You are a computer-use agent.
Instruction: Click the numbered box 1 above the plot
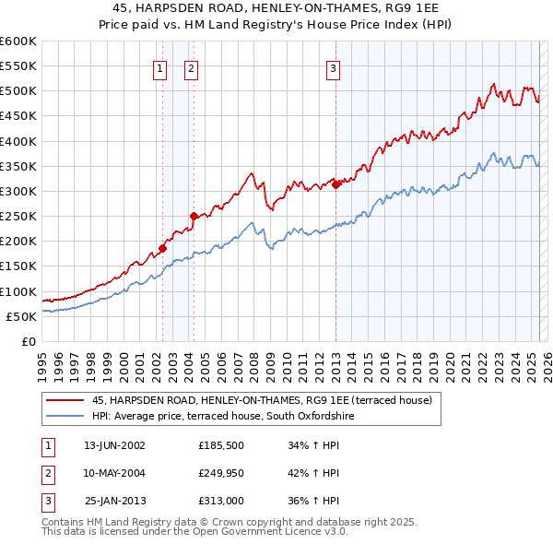[x=160, y=67]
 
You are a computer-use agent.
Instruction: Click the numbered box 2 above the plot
[x=191, y=67]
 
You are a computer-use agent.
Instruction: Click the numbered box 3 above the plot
[x=333, y=67]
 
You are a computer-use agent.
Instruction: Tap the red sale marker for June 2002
[x=162, y=247]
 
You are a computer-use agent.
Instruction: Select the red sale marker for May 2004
[x=194, y=216]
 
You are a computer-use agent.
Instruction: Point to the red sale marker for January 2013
[x=336, y=183]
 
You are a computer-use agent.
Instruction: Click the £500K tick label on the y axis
[x=18, y=91]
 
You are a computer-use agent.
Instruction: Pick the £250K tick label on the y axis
[x=18, y=217]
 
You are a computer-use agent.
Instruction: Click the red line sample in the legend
[x=65, y=400]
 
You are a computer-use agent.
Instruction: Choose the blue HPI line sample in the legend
[x=65, y=416]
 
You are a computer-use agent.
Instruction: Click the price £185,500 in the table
[x=222, y=445]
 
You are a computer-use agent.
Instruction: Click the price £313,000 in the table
[x=222, y=501]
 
